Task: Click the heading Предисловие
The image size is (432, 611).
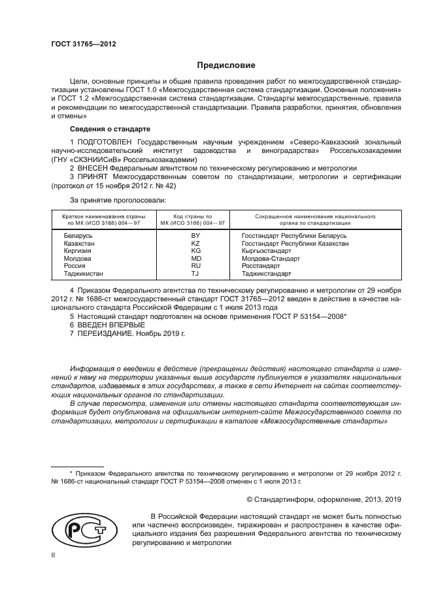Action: (222, 65)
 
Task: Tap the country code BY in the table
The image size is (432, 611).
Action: (195, 235)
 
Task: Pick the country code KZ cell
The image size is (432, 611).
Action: (195, 243)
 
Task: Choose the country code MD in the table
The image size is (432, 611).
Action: (195, 259)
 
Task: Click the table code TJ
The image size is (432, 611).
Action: (195, 274)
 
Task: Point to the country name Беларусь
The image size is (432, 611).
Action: (78, 235)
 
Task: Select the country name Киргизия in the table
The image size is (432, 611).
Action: (78, 251)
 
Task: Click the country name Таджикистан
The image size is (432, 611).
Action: (83, 274)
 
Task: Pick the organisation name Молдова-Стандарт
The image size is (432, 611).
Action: (269, 259)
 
